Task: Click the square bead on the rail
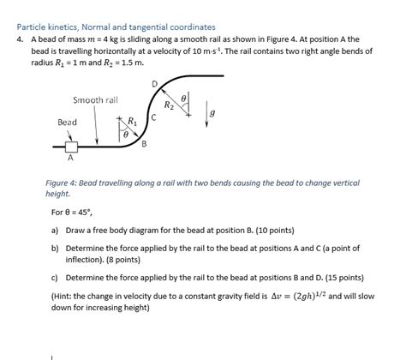(70, 147)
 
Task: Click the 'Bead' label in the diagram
(67, 123)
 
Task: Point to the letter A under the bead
(70, 159)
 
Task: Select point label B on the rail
(144, 143)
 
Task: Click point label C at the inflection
(152, 117)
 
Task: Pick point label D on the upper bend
(154, 83)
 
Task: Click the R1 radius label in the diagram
(132, 121)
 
